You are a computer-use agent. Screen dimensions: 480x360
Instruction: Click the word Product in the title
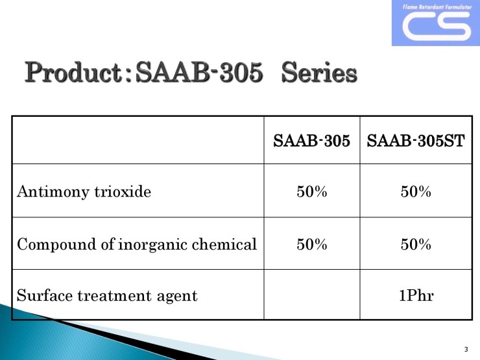pos(74,72)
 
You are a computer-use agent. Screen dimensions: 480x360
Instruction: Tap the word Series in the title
pos(319,72)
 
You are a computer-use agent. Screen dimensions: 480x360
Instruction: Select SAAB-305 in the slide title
pos(199,72)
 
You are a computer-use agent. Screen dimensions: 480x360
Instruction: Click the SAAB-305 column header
pos(311,141)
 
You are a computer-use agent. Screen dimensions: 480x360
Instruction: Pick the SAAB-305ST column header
pos(416,141)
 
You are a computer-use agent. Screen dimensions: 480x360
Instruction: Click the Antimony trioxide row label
pos(84,192)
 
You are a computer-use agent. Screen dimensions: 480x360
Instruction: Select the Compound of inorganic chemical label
pos(137,245)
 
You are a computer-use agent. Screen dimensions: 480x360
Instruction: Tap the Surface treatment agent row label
pos(107,296)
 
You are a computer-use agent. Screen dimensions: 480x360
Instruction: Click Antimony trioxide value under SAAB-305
pos(311,191)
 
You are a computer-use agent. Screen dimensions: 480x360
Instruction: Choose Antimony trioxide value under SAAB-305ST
pos(416,191)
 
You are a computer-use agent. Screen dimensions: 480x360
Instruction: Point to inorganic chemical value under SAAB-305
pos(311,245)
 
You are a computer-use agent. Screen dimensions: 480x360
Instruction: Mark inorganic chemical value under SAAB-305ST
pos(416,245)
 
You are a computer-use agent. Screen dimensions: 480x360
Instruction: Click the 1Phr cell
pos(416,295)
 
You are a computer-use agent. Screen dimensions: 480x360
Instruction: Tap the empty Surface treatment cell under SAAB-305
pos(312,294)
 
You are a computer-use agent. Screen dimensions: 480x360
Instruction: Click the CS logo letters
pos(437,27)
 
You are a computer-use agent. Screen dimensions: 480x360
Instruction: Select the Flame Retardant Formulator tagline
pos(437,6)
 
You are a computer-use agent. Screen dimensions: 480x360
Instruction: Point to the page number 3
pos(466,349)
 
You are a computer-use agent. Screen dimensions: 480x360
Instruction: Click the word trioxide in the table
pos(123,191)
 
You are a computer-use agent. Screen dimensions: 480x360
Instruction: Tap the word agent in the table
pos(177,296)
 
